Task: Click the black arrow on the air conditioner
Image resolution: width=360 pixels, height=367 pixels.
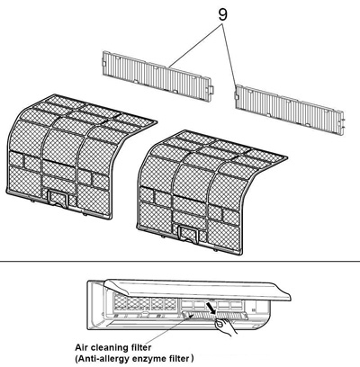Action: coord(212,311)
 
